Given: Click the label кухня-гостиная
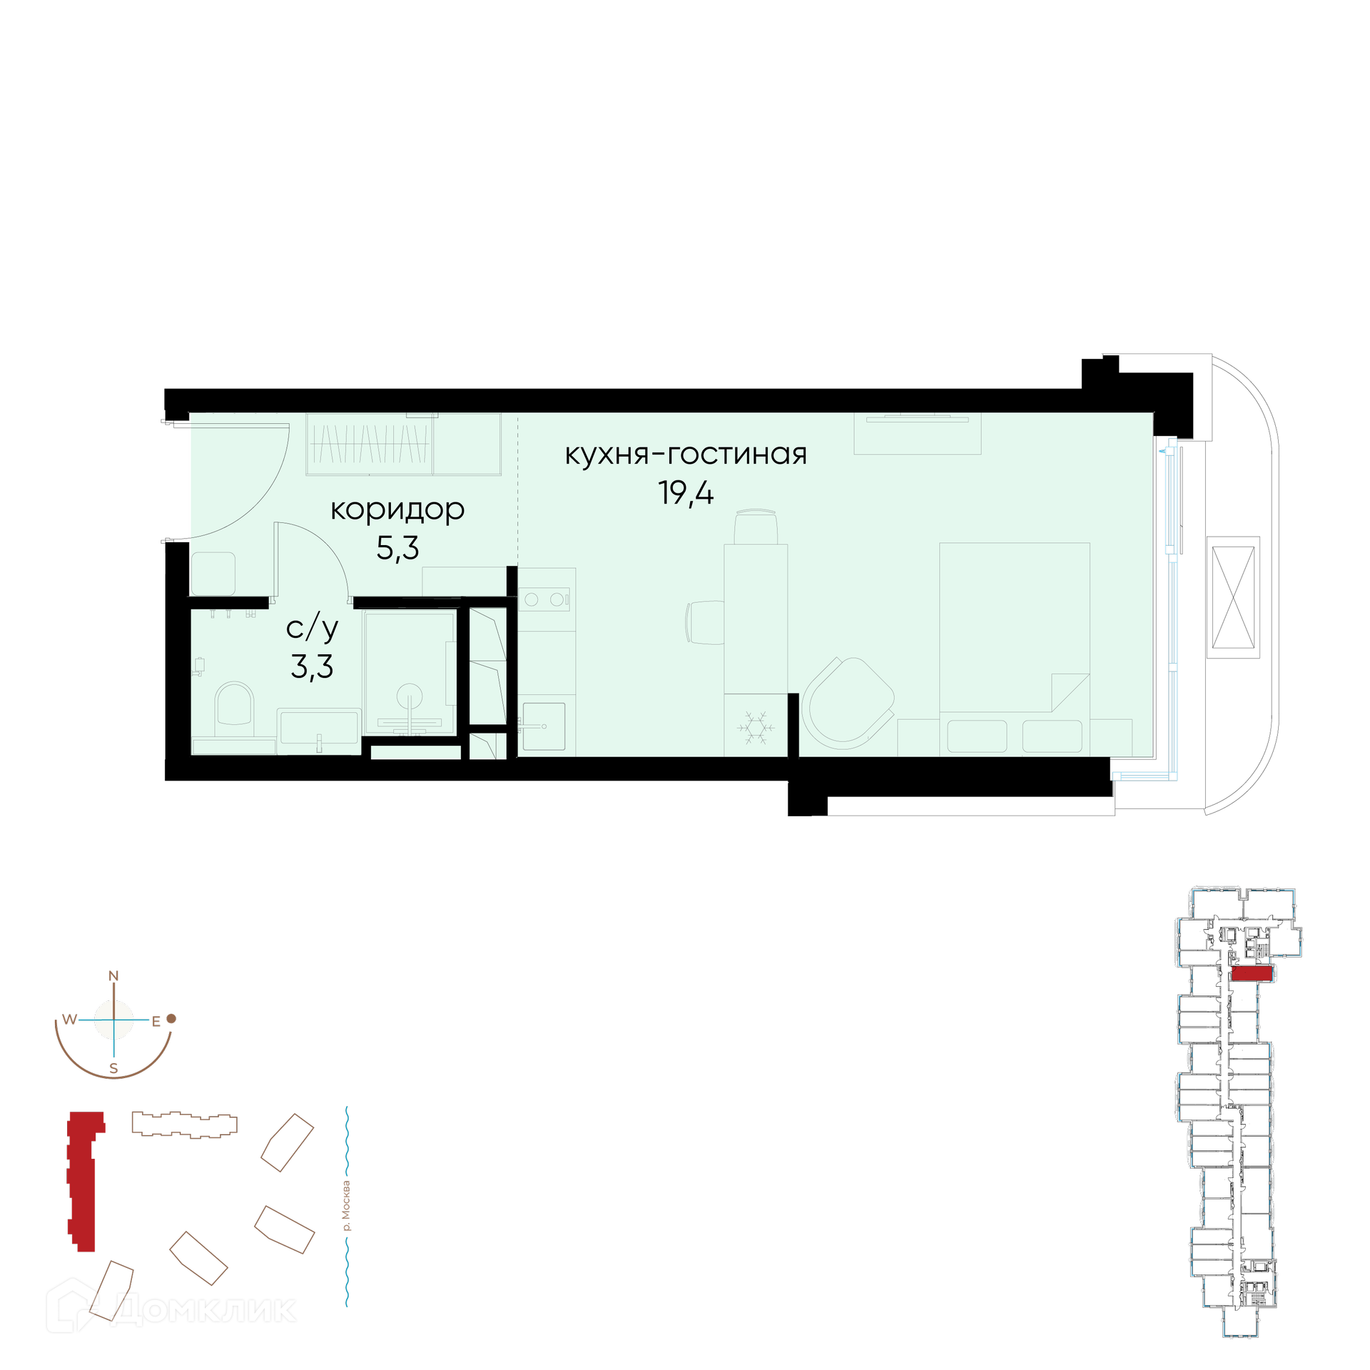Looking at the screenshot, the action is [x=686, y=455].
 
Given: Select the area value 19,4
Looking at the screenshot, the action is [x=686, y=493].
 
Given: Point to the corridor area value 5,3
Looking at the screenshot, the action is [x=397, y=548].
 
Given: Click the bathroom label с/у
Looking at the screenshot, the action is [x=312, y=628].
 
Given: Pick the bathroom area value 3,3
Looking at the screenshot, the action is [x=312, y=666].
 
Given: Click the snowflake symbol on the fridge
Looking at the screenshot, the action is [x=756, y=727].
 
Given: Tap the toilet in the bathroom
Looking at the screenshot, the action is [x=234, y=709].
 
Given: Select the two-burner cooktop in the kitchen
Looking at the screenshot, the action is [x=544, y=599].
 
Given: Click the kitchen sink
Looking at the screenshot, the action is [x=544, y=726].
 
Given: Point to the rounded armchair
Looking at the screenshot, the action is [x=848, y=703].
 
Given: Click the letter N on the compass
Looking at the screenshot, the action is [x=113, y=975].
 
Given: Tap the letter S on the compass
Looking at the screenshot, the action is [x=113, y=1069].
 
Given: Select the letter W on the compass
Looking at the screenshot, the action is [x=69, y=1019].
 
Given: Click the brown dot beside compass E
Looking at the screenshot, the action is [x=171, y=1019].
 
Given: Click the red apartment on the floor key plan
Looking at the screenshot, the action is [x=1252, y=974].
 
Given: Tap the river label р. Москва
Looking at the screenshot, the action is [x=347, y=1206].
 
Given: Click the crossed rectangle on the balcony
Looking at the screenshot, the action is [x=1233, y=597].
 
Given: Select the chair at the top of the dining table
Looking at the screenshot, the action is [x=756, y=527].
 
